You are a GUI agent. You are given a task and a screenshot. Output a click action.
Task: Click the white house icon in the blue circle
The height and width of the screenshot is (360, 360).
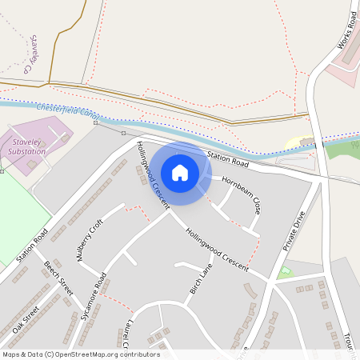180,172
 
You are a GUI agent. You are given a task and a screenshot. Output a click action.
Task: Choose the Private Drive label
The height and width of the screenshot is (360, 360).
294,231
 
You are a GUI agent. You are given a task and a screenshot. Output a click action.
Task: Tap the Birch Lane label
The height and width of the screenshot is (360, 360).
201,278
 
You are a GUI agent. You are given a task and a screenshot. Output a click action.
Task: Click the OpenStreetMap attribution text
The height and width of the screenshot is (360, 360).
81,354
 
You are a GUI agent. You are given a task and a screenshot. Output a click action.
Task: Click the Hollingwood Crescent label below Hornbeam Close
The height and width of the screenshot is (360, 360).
217,246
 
